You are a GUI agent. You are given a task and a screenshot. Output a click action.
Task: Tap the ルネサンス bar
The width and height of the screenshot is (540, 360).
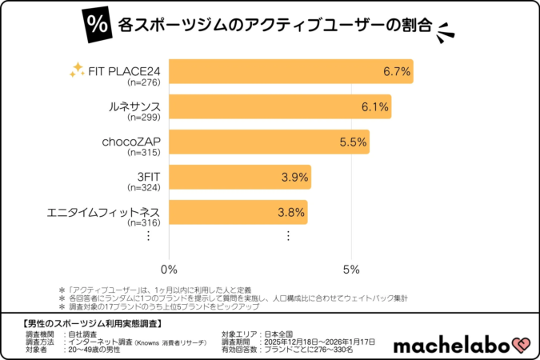pos(280,106)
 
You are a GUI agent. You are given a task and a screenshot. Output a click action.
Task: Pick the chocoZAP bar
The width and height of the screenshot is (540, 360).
pos(269,142)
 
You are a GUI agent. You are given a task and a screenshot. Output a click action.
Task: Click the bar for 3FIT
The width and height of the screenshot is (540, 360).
pos(240,177)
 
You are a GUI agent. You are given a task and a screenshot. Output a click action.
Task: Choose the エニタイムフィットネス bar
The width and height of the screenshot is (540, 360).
pos(238,212)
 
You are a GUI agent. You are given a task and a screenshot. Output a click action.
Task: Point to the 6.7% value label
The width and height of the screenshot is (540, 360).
pos(397,71)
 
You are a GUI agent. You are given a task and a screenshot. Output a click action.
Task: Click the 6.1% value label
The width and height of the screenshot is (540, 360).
pos(375,106)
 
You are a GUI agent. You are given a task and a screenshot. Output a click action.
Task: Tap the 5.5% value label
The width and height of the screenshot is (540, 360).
pos(353,142)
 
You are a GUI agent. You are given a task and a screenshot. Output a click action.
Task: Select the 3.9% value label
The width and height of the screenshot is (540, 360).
pos(294,177)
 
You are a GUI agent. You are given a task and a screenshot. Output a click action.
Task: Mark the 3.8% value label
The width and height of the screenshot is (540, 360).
pos(291,212)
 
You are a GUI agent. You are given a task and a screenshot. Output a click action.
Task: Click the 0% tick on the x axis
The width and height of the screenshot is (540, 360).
pos(169,267)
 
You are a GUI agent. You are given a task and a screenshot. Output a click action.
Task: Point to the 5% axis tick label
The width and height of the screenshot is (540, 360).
pos(350,267)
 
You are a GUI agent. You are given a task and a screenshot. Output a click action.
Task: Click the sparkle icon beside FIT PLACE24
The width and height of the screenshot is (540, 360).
pos(77,70)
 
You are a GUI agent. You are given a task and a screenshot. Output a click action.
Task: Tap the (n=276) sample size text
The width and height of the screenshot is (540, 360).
pos(144,82)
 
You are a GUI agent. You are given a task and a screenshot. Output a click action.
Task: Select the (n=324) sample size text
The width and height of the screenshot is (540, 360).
pos(144,187)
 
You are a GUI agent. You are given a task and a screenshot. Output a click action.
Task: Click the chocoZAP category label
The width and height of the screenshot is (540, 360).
pos(131,142)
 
